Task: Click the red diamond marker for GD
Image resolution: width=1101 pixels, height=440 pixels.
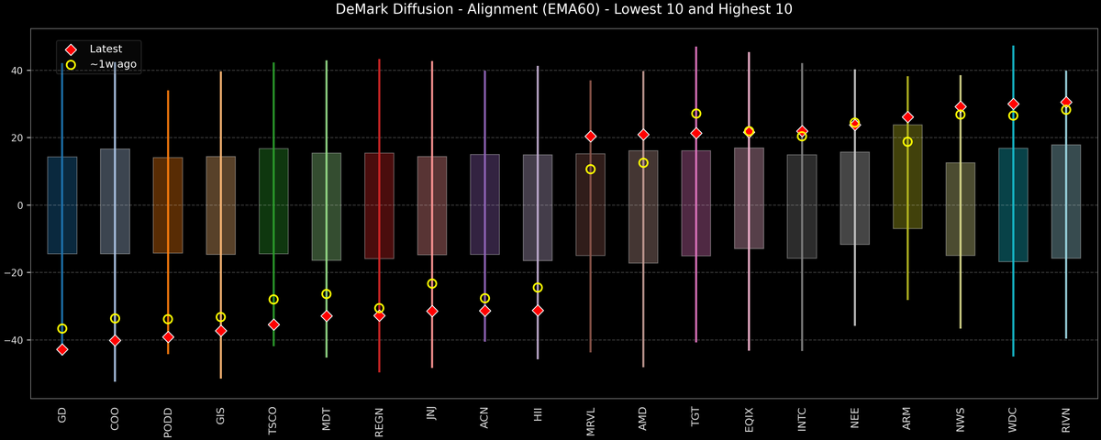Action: pos(62,349)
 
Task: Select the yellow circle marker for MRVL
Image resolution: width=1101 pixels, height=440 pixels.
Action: pos(591,169)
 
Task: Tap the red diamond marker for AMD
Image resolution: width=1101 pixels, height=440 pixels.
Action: pos(643,135)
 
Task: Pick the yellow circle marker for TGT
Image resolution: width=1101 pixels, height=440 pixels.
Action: pos(696,114)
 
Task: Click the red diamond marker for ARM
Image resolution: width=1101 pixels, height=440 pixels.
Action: pos(907,117)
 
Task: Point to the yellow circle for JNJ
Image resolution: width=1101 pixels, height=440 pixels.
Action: pos(432,283)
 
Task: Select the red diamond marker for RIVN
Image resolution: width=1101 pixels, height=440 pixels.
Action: pos(1066,102)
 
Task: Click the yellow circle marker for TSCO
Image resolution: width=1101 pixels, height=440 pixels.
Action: pos(273,299)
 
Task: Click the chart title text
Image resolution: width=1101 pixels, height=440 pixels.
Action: pos(550,10)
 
